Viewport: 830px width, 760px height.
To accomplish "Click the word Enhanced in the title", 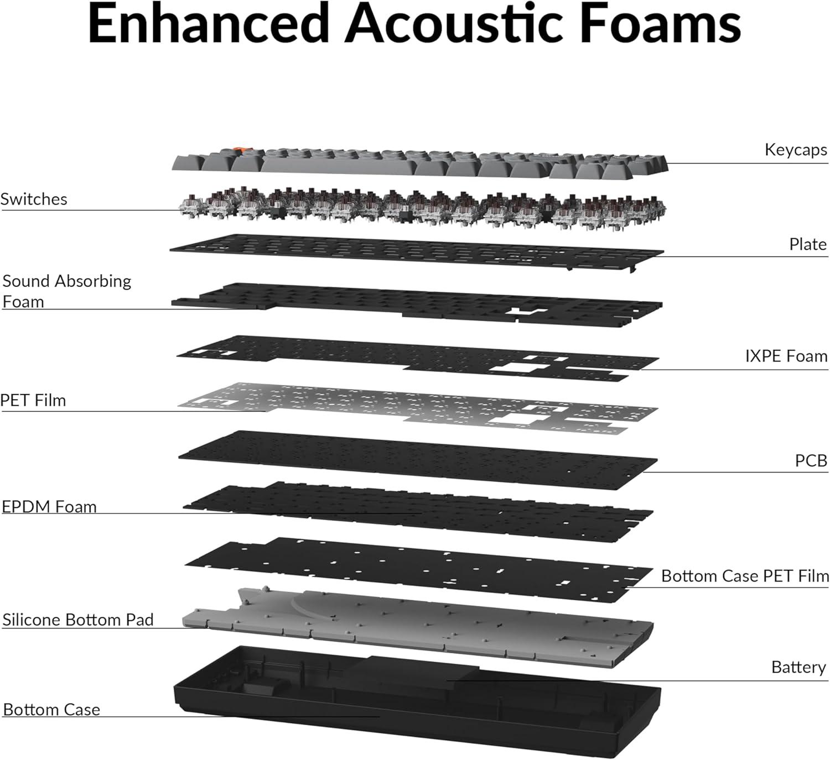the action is coord(208,24).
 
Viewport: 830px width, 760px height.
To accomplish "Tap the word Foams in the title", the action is coord(660,24).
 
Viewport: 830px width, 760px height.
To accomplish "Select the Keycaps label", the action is coord(796,150).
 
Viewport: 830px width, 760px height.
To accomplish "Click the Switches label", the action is coord(34,199).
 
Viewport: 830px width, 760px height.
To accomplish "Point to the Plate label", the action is coord(808,244).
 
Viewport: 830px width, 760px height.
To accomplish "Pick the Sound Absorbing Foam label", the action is coord(66,291).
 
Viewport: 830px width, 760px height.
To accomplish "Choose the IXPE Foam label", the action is coord(786,356).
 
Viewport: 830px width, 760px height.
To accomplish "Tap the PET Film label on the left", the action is coord(33,400).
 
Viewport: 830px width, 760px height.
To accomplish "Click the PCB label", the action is coord(811,460).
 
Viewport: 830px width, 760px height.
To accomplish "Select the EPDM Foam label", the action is coord(49,506).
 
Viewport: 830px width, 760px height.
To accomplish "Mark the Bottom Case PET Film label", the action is coord(745,576).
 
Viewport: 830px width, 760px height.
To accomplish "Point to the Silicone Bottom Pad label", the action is coord(78,620).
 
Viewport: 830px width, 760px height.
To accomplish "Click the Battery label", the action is coord(798,667).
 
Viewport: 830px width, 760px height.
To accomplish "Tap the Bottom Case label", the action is coord(51,710).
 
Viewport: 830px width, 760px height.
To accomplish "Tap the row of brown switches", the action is coord(422,208).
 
